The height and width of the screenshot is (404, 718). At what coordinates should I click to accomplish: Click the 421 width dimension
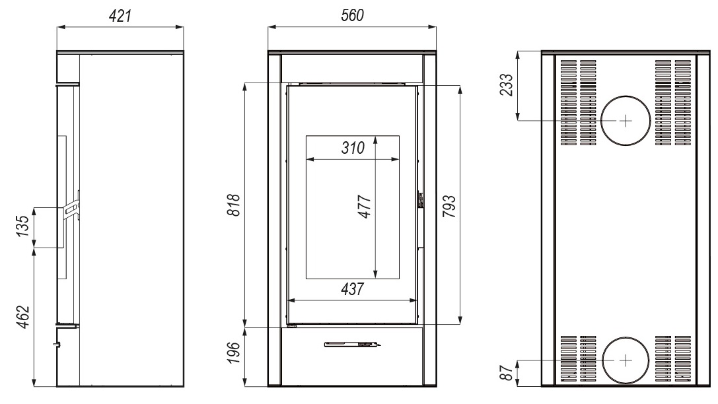(120, 16)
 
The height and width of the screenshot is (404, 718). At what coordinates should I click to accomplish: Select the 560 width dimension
(352, 16)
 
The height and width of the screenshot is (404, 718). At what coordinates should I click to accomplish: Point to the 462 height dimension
(23, 317)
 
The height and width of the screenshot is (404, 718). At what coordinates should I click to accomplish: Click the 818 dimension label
(234, 205)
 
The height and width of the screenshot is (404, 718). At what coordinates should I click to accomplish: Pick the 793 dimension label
(449, 206)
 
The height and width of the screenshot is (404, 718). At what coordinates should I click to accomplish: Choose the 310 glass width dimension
(353, 148)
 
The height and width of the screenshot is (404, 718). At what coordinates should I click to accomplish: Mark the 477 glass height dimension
(365, 207)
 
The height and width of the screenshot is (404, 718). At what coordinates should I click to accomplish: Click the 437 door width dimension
(352, 289)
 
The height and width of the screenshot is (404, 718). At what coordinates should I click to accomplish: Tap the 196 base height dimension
(234, 353)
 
